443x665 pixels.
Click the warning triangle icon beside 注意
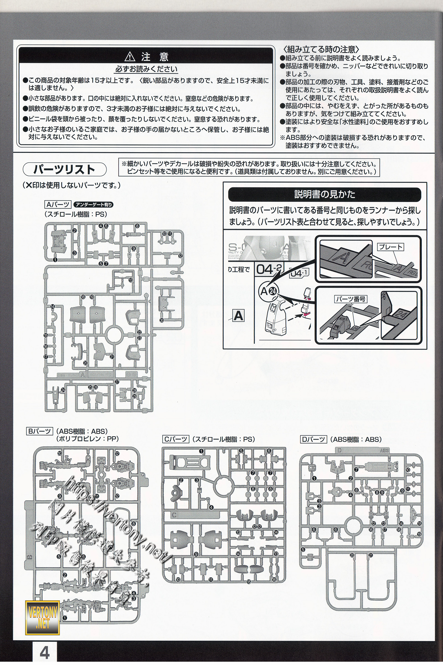click(130, 57)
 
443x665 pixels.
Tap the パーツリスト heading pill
click(65, 170)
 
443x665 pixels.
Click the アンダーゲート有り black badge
click(94, 205)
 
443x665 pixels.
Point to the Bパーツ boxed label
click(40, 431)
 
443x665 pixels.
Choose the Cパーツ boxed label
click(176, 439)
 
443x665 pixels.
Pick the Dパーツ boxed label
click(314, 439)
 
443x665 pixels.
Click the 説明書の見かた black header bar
click(324, 194)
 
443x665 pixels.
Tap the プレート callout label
click(390, 247)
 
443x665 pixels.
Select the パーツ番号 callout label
click(351, 299)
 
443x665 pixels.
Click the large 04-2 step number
click(268, 269)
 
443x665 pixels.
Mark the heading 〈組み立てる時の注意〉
click(321, 50)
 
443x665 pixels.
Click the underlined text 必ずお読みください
click(146, 69)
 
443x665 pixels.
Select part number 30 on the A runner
click(162, 320)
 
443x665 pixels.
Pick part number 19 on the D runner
click(419, 534)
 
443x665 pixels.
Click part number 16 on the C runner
click(274, 580)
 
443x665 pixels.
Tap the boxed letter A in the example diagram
click(238, 315)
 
